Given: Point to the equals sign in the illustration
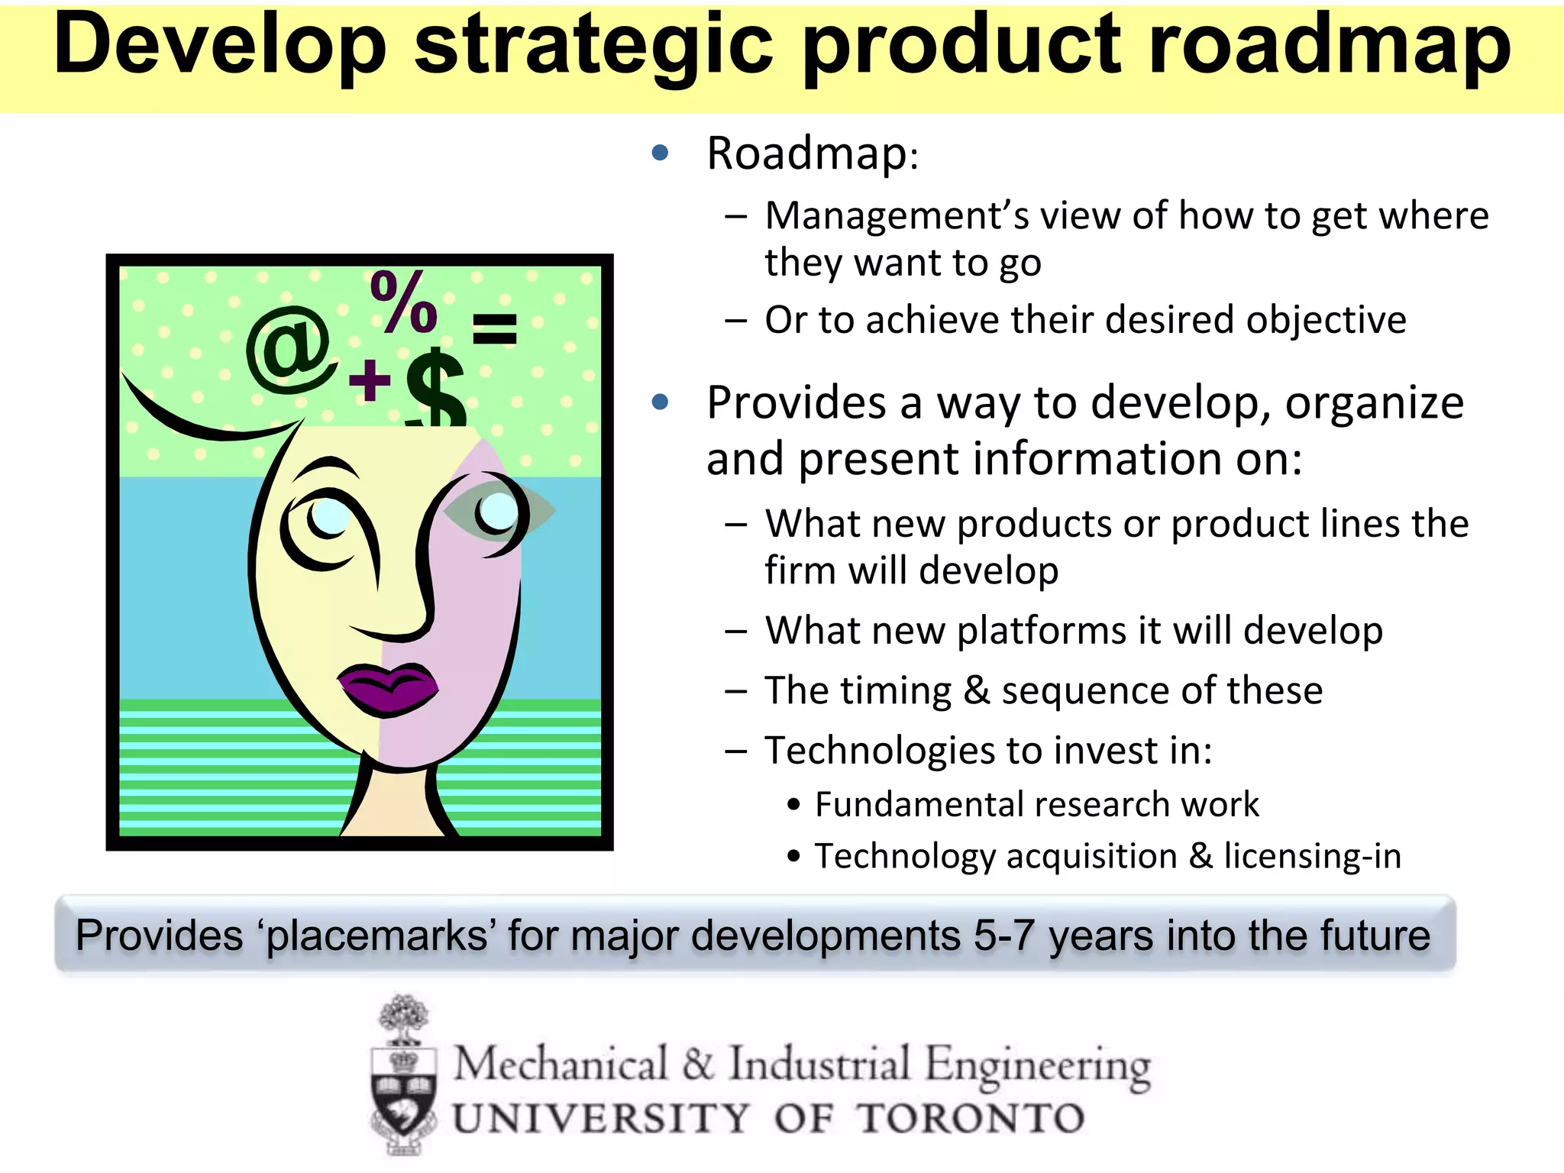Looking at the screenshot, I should click(x=495, y=329).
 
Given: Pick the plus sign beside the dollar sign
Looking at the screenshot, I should click(x=370, y=380).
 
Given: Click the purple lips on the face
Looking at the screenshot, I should click(x=388, y=685).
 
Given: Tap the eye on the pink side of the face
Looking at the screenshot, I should click(x=498, y=511).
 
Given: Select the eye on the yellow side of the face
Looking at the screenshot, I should click(x=328, y=517).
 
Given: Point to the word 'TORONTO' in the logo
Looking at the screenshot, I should click(x=970, y=1119).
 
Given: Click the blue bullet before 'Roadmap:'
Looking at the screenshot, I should click(x=661, y=153).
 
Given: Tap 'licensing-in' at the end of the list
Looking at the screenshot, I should click(x=1313, y=856).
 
